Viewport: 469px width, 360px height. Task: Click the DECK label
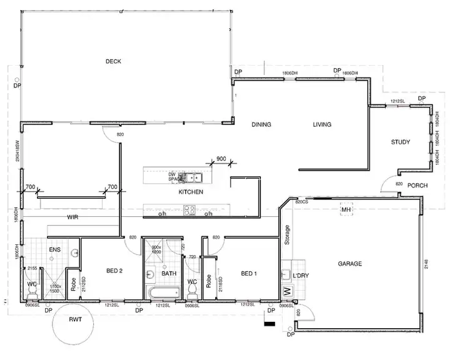[x=113, y=61]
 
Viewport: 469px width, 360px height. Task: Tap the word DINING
[x=261, y=124]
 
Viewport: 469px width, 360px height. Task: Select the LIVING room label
[x=322, y=124]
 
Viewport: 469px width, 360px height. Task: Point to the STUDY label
[x=400, y=142]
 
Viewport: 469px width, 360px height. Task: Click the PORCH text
[x=417, y=186]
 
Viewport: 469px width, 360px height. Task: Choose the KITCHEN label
[x=191, y=192]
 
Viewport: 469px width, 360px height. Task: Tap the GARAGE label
[x=350, y=264]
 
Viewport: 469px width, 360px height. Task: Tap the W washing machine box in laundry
[x=287, y=291]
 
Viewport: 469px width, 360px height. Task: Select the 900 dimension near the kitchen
[x=221, y=159]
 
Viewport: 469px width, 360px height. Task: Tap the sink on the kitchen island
[x=190, y=177]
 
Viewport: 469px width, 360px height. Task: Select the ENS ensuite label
[x=54, y=250]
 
